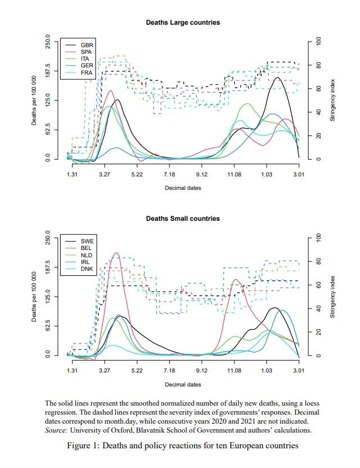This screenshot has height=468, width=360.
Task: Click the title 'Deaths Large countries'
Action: point(183,22)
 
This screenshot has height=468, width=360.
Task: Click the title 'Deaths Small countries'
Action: point(183,219)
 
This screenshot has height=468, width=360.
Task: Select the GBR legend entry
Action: point(87,44)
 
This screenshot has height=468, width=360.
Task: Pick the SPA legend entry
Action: point(86,51)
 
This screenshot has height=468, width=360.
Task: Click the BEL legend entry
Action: point(86,247)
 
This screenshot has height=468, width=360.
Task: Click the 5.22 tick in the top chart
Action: point(136,175)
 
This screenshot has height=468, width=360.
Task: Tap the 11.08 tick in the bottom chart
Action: point(234,371)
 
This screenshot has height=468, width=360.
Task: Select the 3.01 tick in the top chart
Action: point(299,175)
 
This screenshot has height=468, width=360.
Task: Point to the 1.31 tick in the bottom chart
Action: point(72,371)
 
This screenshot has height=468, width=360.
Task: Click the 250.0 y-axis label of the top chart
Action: point(48,43)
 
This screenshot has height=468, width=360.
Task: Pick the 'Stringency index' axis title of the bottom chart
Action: point(332,297)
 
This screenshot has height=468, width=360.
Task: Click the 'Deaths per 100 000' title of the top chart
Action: point(34,101)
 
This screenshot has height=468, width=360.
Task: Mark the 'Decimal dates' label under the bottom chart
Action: point(183,384)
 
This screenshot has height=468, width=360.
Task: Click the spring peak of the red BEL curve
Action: point(116,253)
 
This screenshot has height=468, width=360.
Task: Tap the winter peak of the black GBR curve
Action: point(277,78)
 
